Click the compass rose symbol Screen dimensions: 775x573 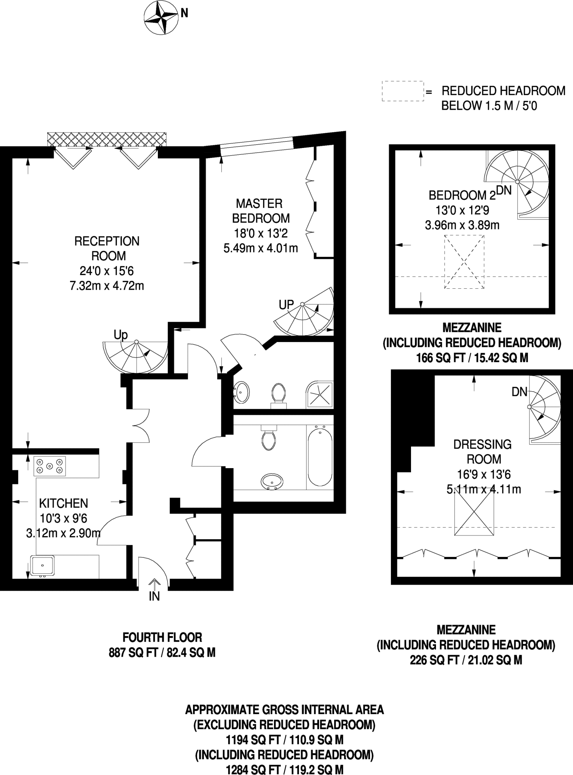pos(161,17)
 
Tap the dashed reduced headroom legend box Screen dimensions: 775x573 pos(402,91)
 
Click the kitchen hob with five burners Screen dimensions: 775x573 pos(50,466)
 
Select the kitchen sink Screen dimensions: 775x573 pos(42,565)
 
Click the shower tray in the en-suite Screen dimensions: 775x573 pos(320,394)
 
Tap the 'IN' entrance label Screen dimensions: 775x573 pos(154,596)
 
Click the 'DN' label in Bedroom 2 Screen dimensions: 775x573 pos(504,190)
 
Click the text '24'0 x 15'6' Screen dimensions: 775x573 pos(107,271)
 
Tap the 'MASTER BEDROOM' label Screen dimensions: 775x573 pos(260,211)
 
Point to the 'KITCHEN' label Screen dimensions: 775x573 pos(64,503)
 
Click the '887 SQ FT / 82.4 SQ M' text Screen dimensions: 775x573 pos(162,653)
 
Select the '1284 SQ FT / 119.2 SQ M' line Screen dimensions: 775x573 pos(285,770)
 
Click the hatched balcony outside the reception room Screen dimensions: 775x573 pos(107,139)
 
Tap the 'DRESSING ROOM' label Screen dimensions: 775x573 pos(483,451)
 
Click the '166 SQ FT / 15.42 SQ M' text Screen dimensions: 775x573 pos(472,358)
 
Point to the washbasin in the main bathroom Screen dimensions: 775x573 pos(272,482)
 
